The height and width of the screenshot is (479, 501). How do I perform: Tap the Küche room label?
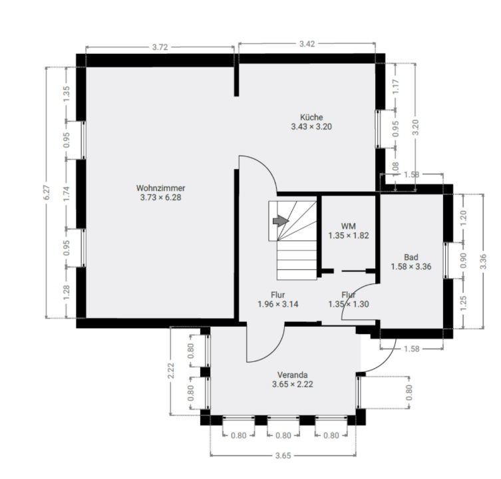[311, 117]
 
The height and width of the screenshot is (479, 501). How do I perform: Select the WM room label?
[348, 226]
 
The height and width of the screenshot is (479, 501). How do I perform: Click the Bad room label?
[411, 257]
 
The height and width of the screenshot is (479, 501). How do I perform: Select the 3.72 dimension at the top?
[160, 47]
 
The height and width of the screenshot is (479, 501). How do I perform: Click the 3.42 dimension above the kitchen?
[307, 43]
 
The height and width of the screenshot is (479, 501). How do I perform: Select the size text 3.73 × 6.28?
[160, 198]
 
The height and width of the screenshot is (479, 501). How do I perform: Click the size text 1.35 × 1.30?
[348, 304]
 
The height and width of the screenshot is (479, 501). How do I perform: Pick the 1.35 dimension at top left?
[66, 93]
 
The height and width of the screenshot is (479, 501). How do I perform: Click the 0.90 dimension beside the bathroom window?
[464, 261]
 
